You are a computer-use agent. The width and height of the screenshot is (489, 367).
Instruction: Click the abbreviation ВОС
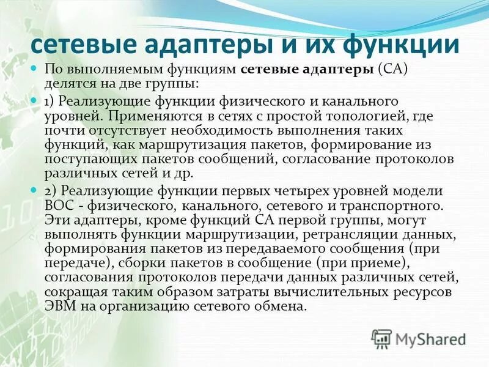57,204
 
